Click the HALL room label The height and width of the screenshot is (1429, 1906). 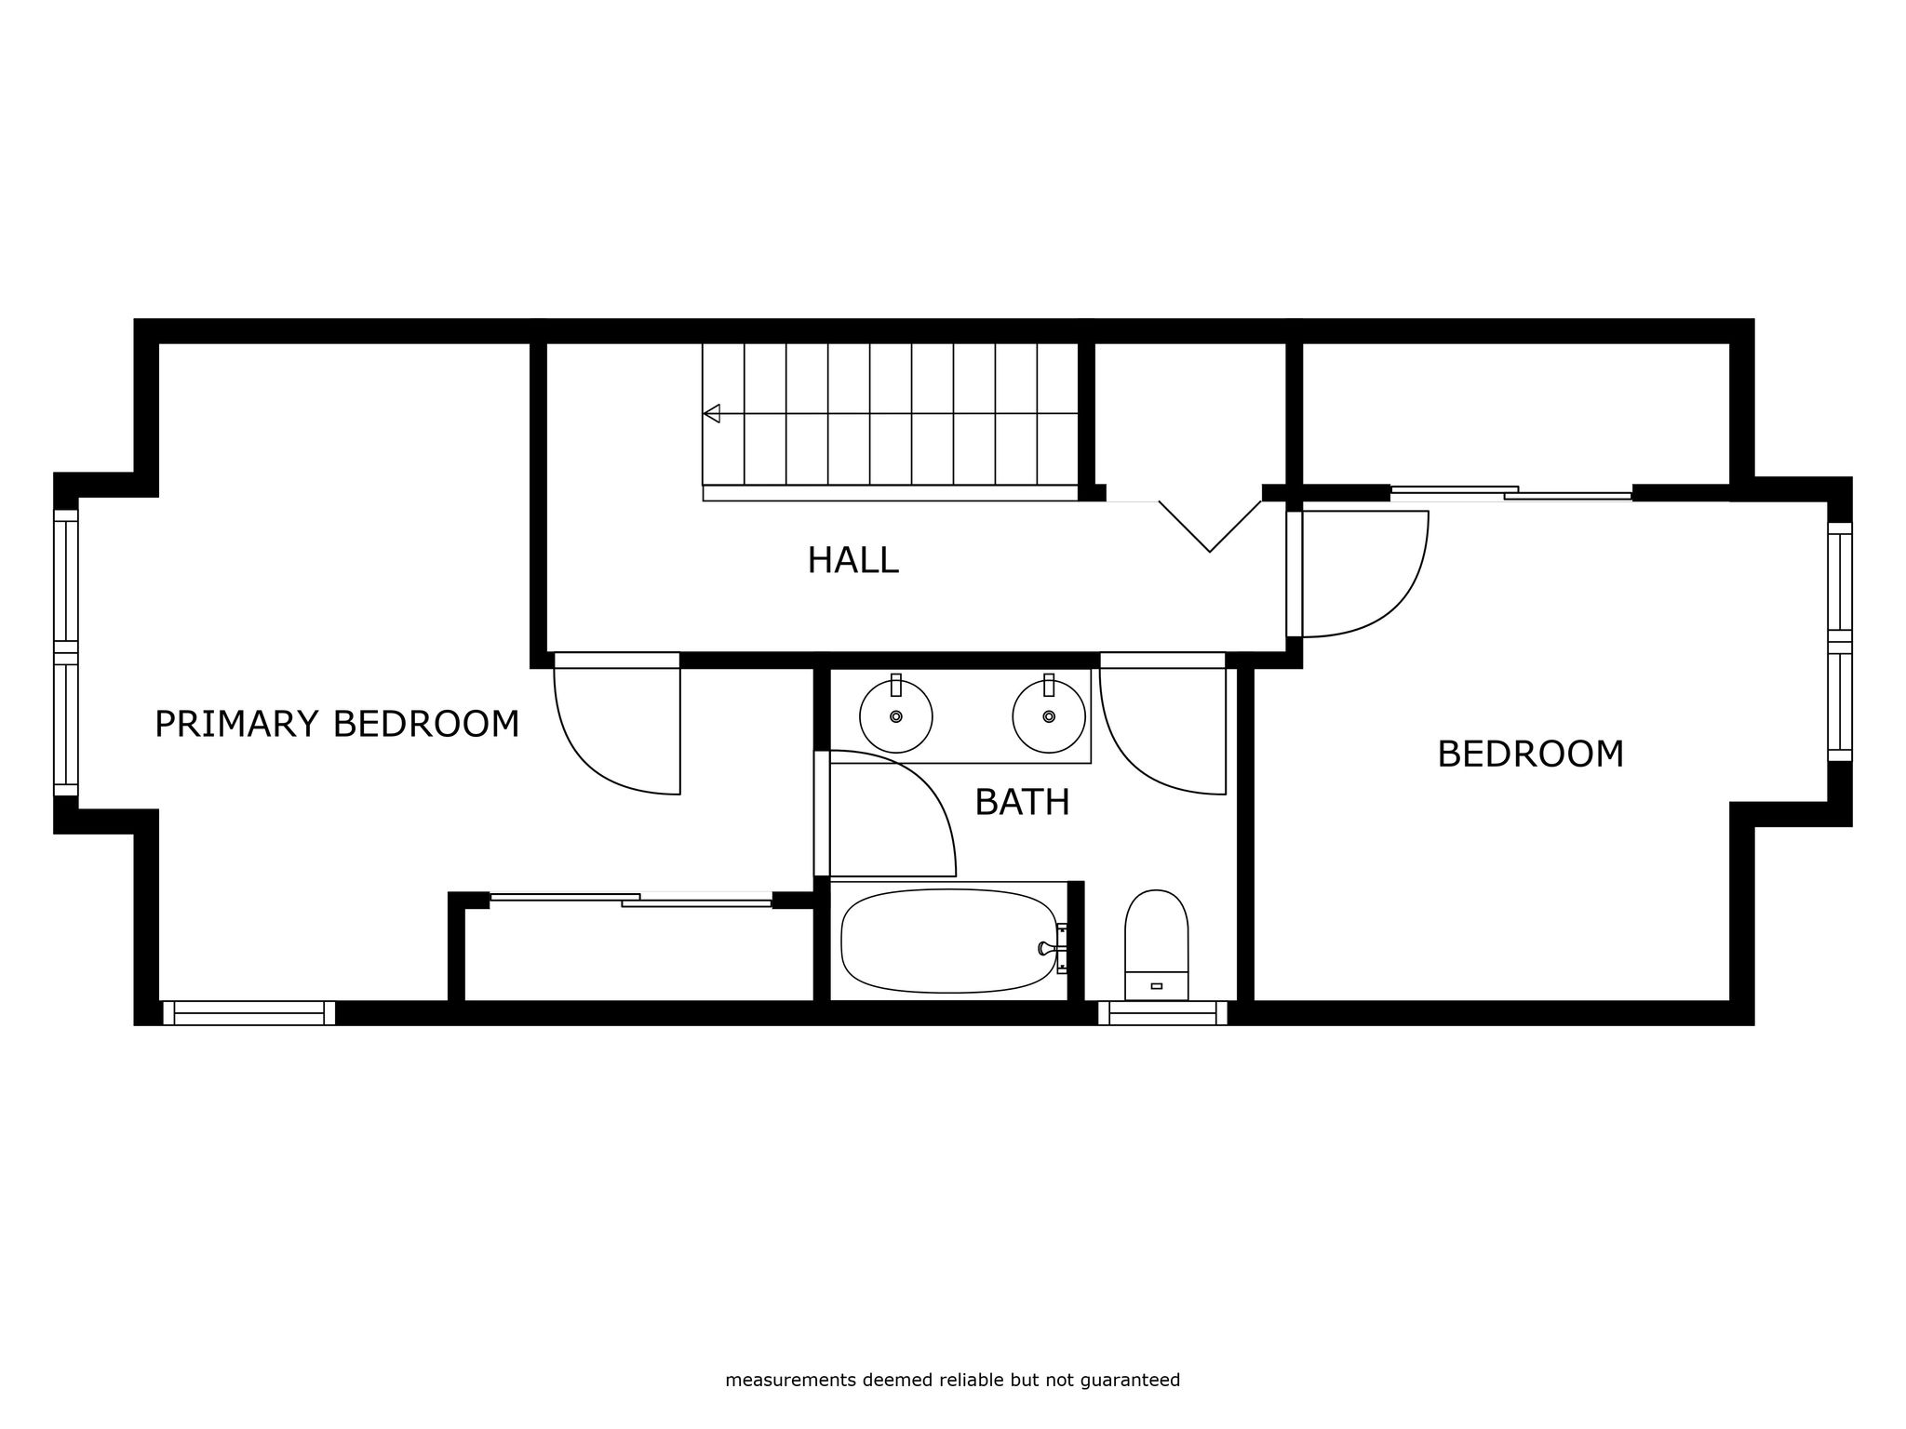pos(852,560)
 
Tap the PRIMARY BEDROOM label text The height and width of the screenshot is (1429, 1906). pos(337,724)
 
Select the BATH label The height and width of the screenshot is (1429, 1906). pos(1022,802)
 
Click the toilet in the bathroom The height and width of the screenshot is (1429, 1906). pos(1157,944)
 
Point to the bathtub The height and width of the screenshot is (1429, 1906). pos(950,941)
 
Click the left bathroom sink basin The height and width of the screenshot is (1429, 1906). pos(896,715)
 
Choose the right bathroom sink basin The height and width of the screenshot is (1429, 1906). pos(1049,715)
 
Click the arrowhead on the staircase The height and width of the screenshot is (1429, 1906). pos(712,413)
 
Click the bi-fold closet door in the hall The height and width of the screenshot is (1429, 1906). pos(1210,526)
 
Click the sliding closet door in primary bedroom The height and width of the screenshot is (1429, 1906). pos(631,899)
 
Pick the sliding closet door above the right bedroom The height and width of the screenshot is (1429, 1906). pos(1510,493)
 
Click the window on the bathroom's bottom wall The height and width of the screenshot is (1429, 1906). pos(1162,1012)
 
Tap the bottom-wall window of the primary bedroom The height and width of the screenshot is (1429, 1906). pos(248,1012)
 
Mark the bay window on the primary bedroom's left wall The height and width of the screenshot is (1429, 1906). pos(66,652)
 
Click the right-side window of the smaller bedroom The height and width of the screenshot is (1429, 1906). pos(1840,642)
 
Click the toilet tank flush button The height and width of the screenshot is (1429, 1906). pos(1157,985)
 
